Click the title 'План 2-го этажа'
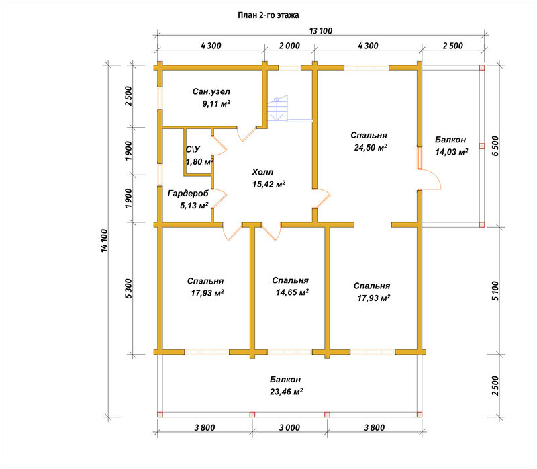pos(268,15)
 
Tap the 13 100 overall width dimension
pos(321,31)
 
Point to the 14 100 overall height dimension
pos(105,241)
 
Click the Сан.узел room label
pos(211,91)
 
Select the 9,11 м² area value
pos(215,103)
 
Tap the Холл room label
pos(262,172)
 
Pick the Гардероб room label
pos(188,194)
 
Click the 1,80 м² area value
pos(199,161)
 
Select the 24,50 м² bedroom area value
pos(371,147)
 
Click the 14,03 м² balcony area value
pos(451,152)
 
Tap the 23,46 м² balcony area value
pos(286,392)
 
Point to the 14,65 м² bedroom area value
pos(292,292)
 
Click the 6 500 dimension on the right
pos(495,146)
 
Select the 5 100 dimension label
pos(495,291)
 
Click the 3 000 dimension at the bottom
pos(289,427)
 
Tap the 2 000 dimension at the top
pos(289,46)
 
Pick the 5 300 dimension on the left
pos(128,288)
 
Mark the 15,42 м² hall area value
pos(268,184)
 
